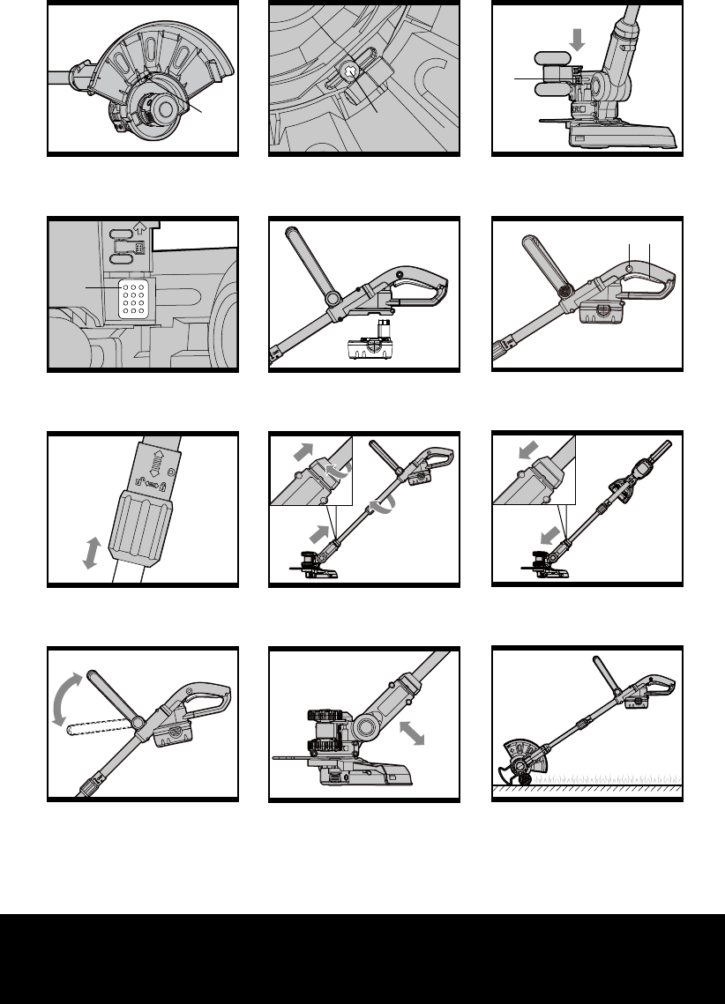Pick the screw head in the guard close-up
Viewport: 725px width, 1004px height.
pyautogui.click(x=350, y=73)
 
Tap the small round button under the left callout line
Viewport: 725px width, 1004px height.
pyautogui.click(x=627, y=268)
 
